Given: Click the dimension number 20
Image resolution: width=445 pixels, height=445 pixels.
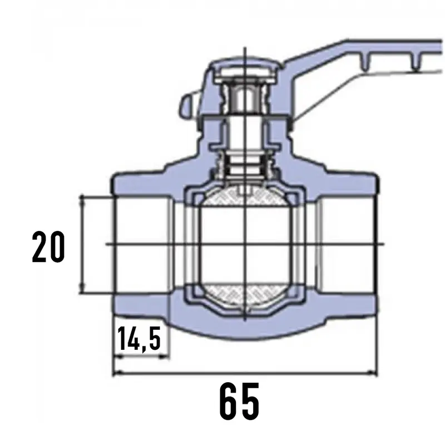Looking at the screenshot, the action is (x=48, y=246).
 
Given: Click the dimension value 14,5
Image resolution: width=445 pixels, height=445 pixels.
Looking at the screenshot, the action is (x=139, y=339).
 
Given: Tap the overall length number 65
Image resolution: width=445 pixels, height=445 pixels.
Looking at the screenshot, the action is (x=240, y=401).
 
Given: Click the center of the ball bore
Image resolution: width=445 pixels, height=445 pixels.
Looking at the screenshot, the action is (x=244, y=244).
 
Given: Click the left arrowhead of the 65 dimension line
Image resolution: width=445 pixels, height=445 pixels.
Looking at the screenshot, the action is (x=117, y=373).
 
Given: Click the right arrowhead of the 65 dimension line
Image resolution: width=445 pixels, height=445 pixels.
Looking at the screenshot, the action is (x=373, y=373).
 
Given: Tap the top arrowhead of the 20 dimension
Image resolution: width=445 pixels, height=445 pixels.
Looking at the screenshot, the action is (x=82, y=200).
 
